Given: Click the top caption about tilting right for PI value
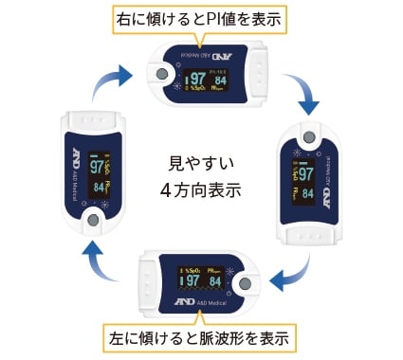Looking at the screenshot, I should click(x=201, y=17).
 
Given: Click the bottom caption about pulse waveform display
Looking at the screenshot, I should click(x=201, y=336).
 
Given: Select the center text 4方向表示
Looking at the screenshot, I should click(x=200, y=189).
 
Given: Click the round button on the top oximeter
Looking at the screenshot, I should click(x=161, y=74).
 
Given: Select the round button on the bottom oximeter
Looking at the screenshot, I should click(x=245, y=283).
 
